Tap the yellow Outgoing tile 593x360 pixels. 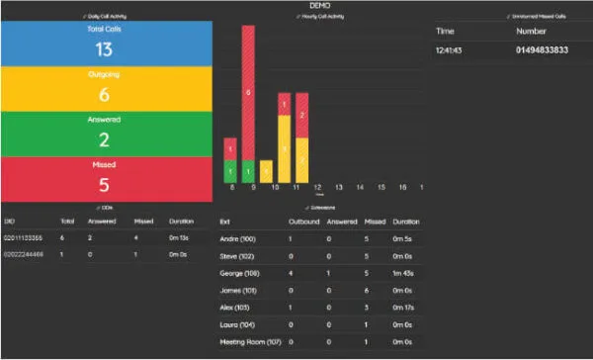pos(105,87)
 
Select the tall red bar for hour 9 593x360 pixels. pos(248,94)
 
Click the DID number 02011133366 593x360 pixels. pos(25,238)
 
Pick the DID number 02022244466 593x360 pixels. pos(25,255)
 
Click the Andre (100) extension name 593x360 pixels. pos(238,238)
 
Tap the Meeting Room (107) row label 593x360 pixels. pos(250,341)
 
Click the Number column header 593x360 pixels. pos(531,31)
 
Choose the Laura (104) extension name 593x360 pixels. pos(238,323)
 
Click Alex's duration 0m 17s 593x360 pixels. pos(405,307)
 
